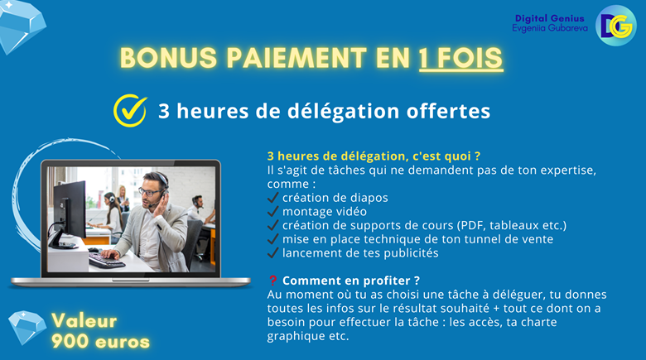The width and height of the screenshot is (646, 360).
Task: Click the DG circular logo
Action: tap(616, 26)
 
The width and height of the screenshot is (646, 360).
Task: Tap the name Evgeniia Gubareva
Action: tap(550, 28)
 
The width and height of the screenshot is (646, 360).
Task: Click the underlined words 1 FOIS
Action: tap(461, 58)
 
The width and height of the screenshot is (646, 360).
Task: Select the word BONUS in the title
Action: tap(168, 58)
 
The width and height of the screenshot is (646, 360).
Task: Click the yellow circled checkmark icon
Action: tap(130, 110)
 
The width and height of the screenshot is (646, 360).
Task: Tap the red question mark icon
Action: tap(272, 281)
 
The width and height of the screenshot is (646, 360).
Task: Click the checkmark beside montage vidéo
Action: tap(272, 211)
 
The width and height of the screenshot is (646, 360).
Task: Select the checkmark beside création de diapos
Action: tap(272, 198)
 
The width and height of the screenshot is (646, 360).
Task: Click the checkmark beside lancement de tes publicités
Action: tap(272, 252)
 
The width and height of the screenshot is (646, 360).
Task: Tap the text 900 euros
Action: tap(100, 342)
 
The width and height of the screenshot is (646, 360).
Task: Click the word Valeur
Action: tap(84, 321)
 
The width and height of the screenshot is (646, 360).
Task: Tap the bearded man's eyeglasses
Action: tap(150, 191)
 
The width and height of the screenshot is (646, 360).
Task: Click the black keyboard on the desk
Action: tap(106, 261)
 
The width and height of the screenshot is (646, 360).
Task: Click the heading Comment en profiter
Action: tap(351, 281)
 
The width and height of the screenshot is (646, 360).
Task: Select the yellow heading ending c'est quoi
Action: tap(374, 156)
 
